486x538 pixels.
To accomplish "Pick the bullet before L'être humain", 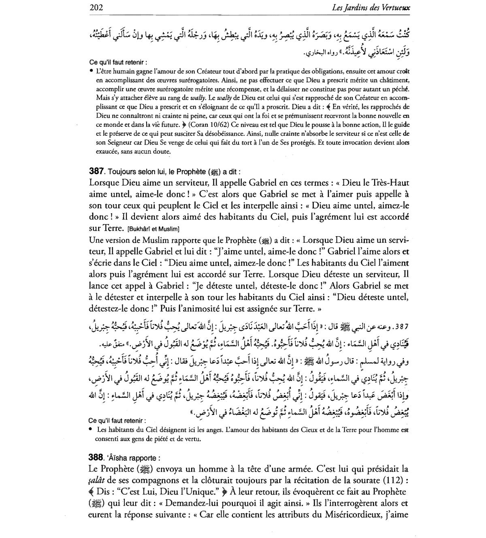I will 92,71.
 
